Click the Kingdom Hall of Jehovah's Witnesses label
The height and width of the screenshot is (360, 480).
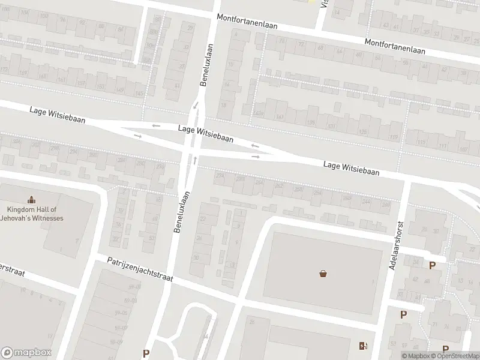click(35, 214)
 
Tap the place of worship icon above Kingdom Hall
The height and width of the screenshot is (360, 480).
click(31, 200)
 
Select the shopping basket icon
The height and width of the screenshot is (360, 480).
click(323, 274)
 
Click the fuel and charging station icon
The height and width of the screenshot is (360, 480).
click(363, 345)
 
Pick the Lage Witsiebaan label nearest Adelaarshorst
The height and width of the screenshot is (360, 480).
click(351, 167)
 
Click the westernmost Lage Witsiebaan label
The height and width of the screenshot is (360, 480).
click(57, 116)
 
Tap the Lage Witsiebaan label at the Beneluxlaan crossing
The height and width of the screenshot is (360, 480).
click(206, 133)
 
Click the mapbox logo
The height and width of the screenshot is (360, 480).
click(26, 353)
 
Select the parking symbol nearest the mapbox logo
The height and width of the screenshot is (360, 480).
click(146, 353)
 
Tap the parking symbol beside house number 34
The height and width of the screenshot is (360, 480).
click(432, 265)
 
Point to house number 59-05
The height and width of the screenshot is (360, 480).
click(122, 313)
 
